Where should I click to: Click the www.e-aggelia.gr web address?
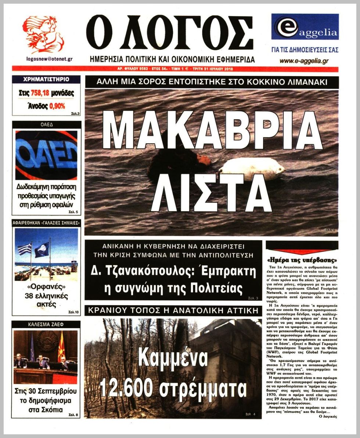pyautogui.click(x=304, y=61)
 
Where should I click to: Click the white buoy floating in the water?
pyautogui.click(x=252, y=170)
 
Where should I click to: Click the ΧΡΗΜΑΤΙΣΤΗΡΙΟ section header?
pyautogui.click(x=46, y=79)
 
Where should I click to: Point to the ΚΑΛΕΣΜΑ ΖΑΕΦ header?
pyautogui.click(x=46, y=324)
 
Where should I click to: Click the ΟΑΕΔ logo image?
pyautogui.click(x=46, y=155)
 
